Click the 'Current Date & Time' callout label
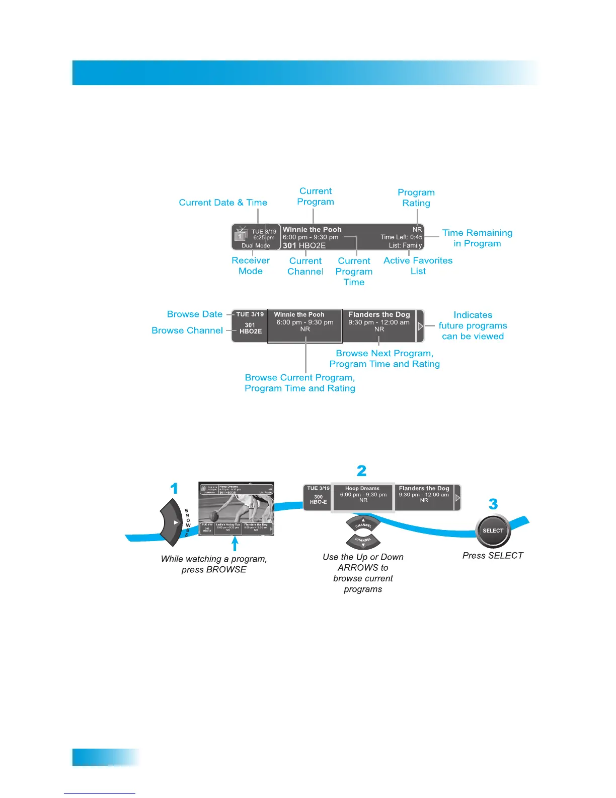[223, 203]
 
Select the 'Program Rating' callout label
[416, 197]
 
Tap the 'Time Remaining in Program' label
[477, 238]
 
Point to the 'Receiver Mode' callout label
[251, 265]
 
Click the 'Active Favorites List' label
[418, 265]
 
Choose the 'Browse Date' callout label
[195, 314]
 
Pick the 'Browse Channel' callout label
[187, 330]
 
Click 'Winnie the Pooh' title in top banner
[312, 229]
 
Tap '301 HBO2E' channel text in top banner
[304, 245]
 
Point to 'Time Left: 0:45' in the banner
[402, 237]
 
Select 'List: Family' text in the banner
[405, 245]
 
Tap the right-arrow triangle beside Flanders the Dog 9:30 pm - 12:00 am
[420, 326]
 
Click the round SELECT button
[493, 530]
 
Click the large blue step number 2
[361, 471]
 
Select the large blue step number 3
[493, 504]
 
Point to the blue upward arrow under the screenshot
[235, 544]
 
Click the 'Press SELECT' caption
[493, 555]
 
